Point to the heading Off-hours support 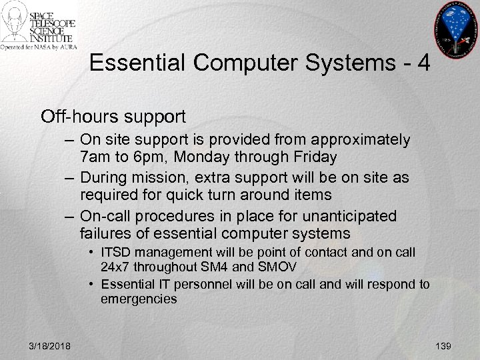click(x=113, y=117)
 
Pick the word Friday click(x=313, y=157)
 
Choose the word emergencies click(x=139, y=299)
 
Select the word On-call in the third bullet click(x=104, y=216)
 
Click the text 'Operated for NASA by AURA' click(x=39, y=47)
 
